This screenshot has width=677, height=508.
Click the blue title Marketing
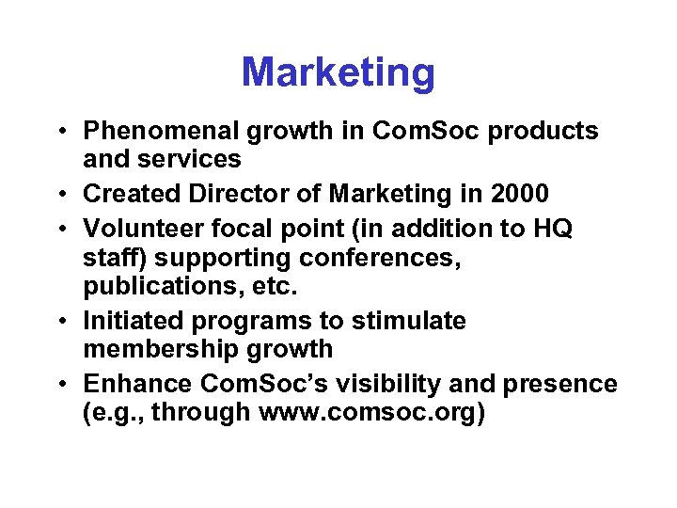click(x=338, y=72)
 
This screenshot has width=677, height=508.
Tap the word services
click(x=194, y=159)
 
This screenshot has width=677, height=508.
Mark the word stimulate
click(x=409, y=321)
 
